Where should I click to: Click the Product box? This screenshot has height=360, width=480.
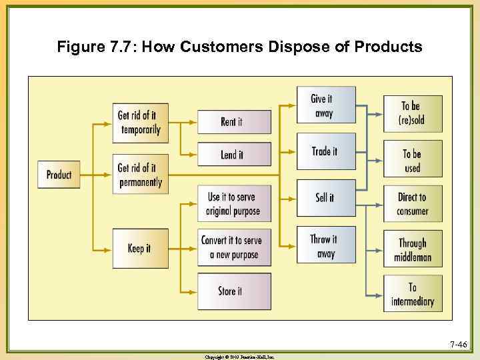tap(59, 175)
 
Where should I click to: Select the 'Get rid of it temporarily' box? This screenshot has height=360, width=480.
tap(140, 123)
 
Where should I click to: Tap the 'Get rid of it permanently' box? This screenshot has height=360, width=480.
tap(140, 175)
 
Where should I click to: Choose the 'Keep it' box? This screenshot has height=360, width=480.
tap(140, 248)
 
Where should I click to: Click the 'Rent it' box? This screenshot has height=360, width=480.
tap(234, 122)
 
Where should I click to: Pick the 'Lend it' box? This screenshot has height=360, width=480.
tap(234, 155)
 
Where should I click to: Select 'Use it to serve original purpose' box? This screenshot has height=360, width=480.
tap(234, 204)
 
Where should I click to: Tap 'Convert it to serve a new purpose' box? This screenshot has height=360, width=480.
tap(234, 247)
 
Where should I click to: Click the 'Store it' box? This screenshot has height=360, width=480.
tap(234, 291)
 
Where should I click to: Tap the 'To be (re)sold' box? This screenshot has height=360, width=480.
tap(413, 113)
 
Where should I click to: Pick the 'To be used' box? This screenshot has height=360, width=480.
tap(413, 160)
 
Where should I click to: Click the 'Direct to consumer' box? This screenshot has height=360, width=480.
tap(413, 204)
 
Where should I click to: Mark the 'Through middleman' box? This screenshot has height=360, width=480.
tap(413, 249)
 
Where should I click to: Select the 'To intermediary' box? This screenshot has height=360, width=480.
tap(413, 294)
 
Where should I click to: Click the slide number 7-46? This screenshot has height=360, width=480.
tap(458, 345)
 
